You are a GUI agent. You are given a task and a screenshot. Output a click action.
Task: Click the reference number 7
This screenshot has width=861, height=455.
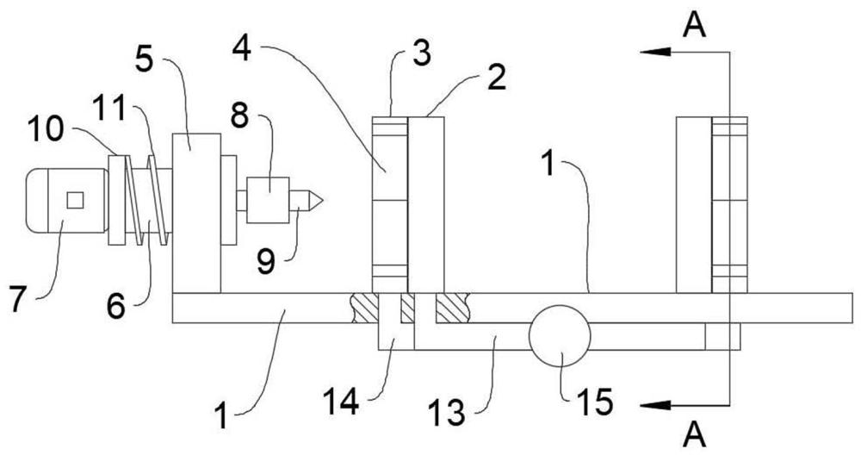pos(17,301)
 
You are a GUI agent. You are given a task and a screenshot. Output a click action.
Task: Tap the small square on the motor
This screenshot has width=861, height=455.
pos(75,200)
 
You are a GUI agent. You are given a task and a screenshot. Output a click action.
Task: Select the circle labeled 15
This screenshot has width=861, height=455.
pos(560,336)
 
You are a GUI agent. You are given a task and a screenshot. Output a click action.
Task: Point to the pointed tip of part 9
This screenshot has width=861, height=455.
pos(322,201)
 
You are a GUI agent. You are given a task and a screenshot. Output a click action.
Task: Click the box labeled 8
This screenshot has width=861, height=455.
pos(268,200)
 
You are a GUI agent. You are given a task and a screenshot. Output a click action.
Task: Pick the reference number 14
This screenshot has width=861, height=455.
pos(340,402)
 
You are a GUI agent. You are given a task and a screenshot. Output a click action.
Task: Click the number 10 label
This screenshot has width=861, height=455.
pos(46,130)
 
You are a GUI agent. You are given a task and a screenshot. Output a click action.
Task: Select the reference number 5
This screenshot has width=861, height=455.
pos(145,60)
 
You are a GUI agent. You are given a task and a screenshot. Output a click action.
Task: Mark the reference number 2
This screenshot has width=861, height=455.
pos(497,79)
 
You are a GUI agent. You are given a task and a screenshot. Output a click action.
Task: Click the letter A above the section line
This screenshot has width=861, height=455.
pos(695,25)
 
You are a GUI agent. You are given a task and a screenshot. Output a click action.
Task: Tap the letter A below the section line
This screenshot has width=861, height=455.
pos(695,436)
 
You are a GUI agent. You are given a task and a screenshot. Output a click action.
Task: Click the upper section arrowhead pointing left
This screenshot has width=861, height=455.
pos(655,52)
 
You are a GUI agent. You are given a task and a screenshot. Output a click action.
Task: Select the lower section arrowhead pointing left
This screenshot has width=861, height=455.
pos(655,406)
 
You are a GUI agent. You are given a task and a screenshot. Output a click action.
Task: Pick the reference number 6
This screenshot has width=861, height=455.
pos(115,307)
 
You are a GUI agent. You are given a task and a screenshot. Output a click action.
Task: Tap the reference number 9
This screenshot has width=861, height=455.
pos(266,263)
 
